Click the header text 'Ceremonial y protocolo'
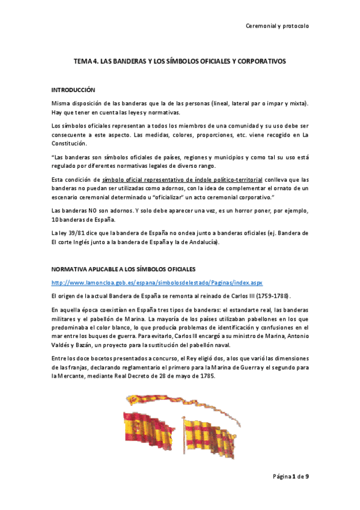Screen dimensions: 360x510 [278, 26]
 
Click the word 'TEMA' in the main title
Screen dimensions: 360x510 [82, 61]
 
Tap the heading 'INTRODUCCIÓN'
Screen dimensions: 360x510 [73, 90]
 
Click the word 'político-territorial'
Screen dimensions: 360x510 [233, 180]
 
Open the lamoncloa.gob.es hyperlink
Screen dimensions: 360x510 [157, 282]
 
